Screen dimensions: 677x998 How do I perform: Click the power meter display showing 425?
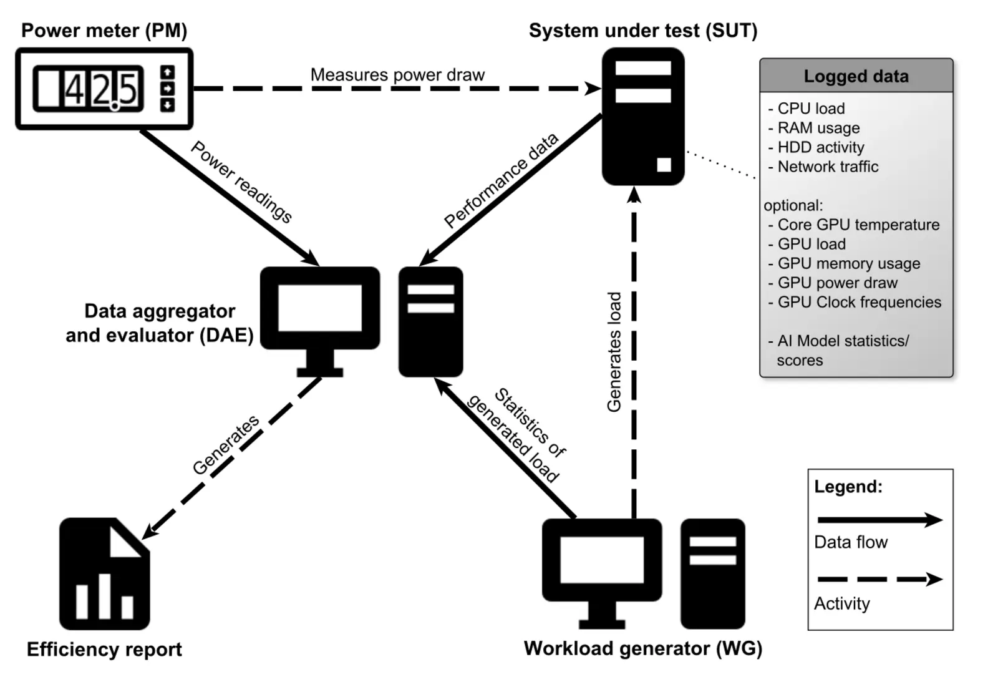click(x=89, y=89)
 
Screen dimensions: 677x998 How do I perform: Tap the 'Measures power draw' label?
click(x=397, y=75)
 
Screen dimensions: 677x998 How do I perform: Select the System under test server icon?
click(x=642, y=117)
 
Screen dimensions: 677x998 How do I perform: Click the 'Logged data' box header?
click(x=856, y=76)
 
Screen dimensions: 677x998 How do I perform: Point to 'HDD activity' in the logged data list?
click(x=820, y=147)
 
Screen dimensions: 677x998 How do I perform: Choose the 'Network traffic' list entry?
click(x=827, y=167)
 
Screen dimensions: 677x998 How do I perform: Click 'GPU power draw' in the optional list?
click(x=837, y=283)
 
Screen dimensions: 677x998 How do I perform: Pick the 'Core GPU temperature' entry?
click(x=858, y=225)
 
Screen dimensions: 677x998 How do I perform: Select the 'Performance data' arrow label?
click(x=501, y=180)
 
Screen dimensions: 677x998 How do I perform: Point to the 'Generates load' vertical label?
click(x=614, y=352)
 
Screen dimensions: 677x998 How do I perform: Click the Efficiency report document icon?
click(x=104, y=573)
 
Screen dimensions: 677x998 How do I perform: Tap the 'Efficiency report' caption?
click(x=104, y=650)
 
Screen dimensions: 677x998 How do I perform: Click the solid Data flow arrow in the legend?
click(x=879, y=520)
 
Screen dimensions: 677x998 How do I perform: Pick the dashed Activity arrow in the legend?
click(x=879, y=579)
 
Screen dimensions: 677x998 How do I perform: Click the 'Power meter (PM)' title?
click(x=104, y=31)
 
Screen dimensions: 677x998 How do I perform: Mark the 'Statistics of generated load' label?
click(x=516, y=435)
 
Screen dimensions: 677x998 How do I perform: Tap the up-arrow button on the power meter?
click(x=167, y=72)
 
